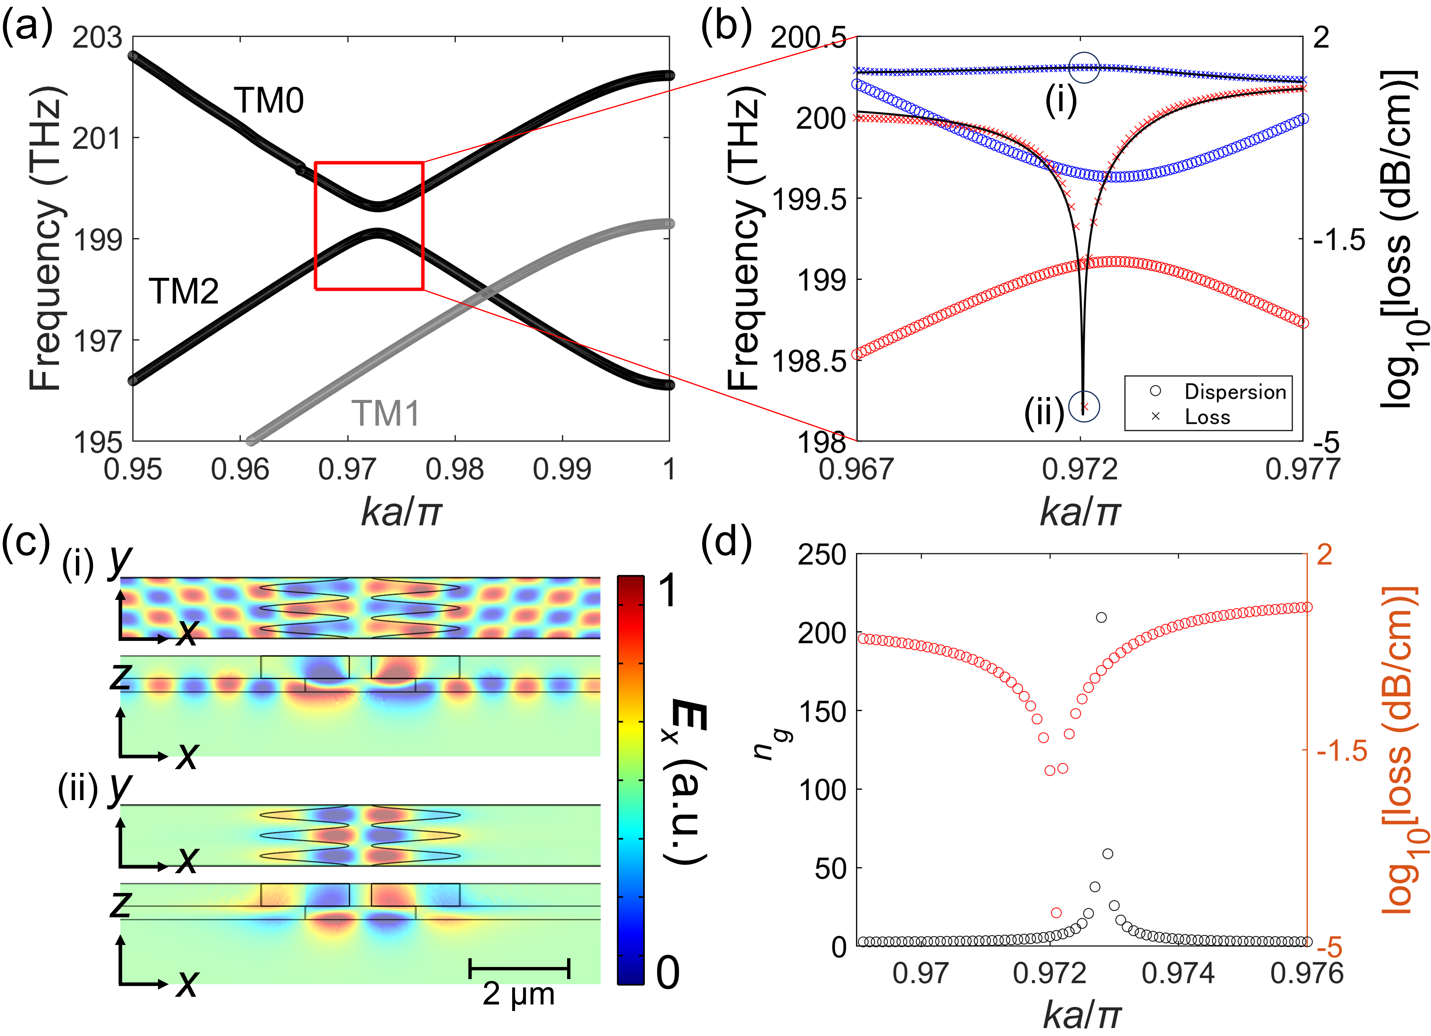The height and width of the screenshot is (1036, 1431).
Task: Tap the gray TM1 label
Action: pos(385,414)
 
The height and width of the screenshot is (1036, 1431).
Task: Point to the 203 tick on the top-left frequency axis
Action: pos(97,38)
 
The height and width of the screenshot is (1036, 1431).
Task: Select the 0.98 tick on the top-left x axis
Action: pos(454,469)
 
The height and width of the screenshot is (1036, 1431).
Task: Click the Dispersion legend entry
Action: pos(1235,391)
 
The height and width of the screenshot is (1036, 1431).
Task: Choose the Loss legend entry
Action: pos(1207,417)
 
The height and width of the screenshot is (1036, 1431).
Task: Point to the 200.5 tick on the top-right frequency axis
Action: pos(808,38)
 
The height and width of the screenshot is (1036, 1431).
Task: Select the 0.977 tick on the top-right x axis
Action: pos(1302,469)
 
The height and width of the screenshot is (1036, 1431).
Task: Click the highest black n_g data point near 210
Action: pos(1101,617)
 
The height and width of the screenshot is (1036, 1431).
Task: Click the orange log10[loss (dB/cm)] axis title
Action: pos(1398,750)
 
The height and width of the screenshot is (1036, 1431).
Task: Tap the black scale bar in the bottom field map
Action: pos(519,968)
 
